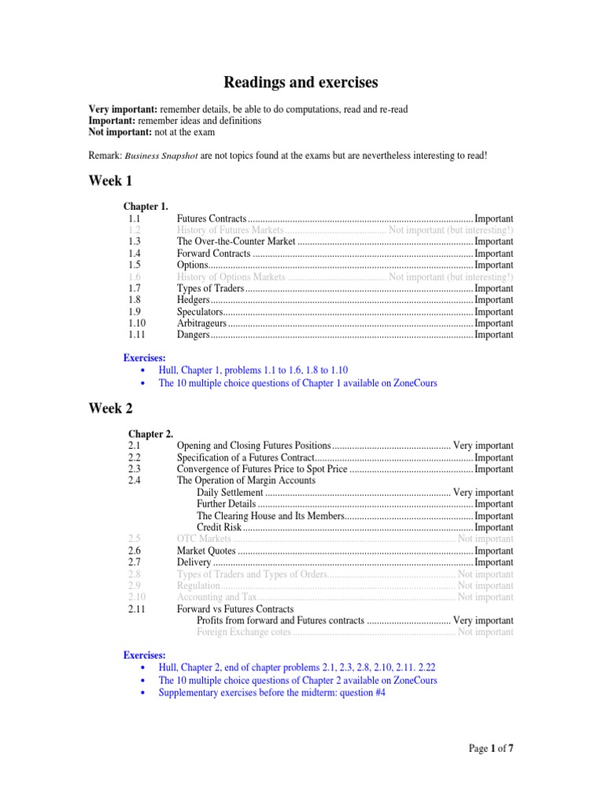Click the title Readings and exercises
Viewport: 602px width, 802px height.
coord(301,82)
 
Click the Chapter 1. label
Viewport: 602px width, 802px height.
coord(146,207)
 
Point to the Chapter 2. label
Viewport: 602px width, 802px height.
coord(151,434)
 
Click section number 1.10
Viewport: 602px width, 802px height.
coord(136,323)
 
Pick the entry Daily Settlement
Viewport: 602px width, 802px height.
coord(230,493)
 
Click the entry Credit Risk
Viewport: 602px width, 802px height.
coord(219,528)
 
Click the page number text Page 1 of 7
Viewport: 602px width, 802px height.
coord(491,749)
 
